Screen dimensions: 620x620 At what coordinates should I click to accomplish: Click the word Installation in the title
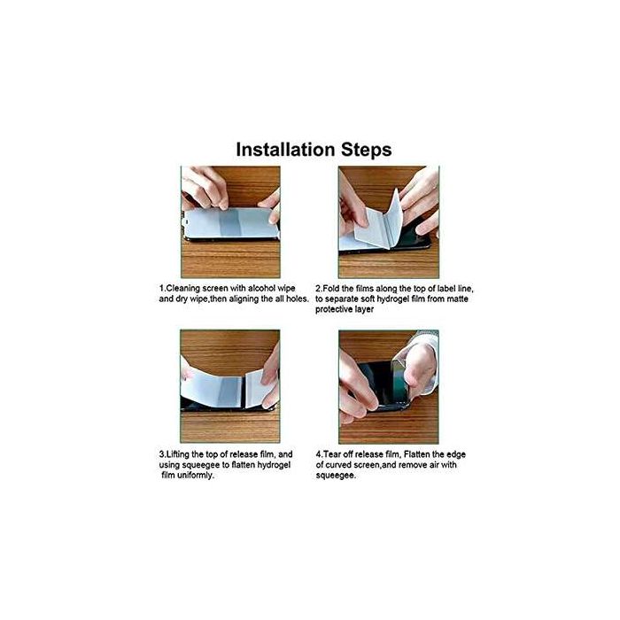pyautogui.click(x=285, y=150)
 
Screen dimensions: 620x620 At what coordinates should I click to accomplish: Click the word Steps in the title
pyautogui.click(x=366, y=151)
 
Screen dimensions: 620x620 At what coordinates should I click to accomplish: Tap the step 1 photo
pyautogui.click(x=230, y=221)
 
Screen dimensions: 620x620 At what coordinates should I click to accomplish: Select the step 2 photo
pyautogui.click(x=389, y=221)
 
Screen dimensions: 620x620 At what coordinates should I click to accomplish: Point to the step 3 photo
pyautogui.click(x=230, y=386)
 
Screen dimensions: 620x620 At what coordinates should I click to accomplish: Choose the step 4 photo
pyautogui.click(x=389, y=386)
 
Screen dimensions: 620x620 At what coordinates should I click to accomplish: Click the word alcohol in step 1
pyautogui.click(x=261, y=288)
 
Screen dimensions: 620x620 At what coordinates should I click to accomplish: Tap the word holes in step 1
pyautogui.click(x=297, y=298)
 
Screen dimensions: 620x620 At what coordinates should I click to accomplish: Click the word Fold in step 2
pyautogui.click(x=331, y=288)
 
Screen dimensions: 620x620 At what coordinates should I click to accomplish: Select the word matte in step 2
pyautogui.click(x=457, y=298)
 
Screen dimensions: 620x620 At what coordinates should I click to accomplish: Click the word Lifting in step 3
pyautogui.click(x=177, y=454)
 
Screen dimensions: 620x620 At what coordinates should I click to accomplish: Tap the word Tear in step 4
pyautogui.click(x=331, y=454)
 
